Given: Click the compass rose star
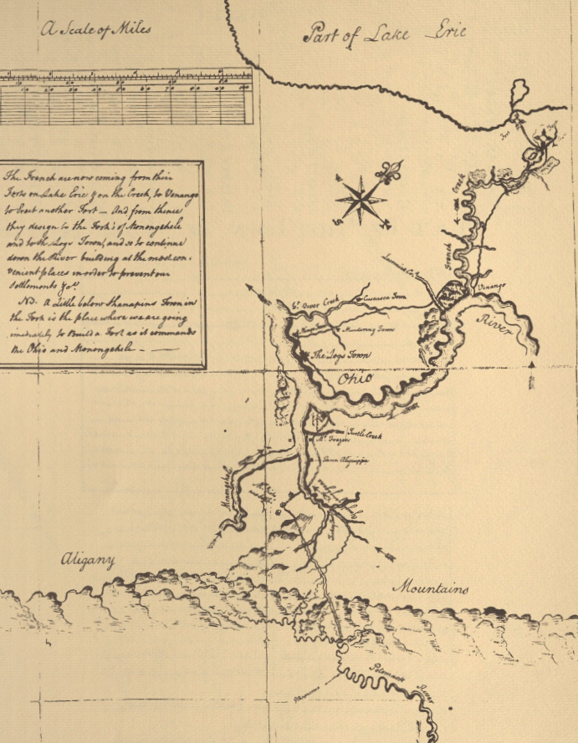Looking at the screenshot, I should (360, 200).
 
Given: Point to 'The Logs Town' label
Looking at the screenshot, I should (340, 354).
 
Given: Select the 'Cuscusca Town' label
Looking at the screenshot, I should (382, 295).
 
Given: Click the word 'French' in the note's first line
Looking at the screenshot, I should (43, 176).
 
